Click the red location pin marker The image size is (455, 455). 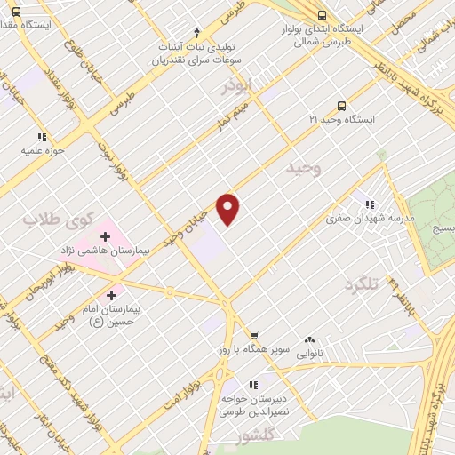(x=228, y=209)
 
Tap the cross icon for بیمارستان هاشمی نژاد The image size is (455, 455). (x=106, y=236)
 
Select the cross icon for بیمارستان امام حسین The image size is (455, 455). (x=111, y=295)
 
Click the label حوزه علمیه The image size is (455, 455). (x=42, y=151)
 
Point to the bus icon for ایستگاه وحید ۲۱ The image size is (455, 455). (x=343, y=104)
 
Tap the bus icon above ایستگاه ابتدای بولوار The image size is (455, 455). (x=321, y=15)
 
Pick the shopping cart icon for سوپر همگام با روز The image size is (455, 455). (x=254, y=336)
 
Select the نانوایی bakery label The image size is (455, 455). (x=309, y=352)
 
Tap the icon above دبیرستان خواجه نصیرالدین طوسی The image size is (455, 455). (x=253, y=385)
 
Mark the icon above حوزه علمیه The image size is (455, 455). (x=42, y=137)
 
